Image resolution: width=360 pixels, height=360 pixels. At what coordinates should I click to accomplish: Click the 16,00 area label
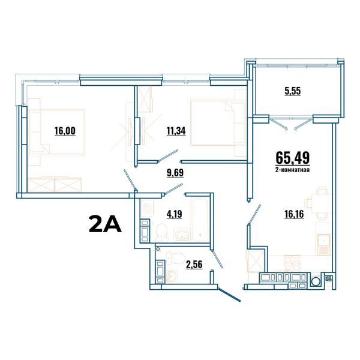65,131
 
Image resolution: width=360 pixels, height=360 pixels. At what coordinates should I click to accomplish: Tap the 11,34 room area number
176,131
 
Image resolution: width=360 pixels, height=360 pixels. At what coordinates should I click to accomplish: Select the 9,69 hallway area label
175,173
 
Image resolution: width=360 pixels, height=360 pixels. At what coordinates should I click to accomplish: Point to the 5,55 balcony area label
293,91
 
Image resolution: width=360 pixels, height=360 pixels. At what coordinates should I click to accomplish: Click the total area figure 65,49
293,158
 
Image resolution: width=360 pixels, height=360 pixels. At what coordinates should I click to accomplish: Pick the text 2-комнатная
293,170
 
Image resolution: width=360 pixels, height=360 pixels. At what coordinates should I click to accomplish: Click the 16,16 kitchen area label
294,214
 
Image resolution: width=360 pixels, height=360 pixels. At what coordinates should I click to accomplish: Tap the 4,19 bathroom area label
175,214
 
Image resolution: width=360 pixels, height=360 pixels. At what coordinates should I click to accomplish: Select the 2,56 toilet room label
194,265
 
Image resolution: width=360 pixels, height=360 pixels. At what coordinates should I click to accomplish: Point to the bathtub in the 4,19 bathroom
200,220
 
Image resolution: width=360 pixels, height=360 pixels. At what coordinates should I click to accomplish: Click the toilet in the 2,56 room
175,258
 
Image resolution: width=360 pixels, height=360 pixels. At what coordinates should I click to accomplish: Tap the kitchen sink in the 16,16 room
324,245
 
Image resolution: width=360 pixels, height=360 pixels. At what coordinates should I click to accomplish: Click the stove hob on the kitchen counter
292,263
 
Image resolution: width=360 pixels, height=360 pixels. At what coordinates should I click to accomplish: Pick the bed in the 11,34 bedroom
218,122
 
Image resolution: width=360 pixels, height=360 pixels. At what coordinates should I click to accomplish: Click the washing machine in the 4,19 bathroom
147,208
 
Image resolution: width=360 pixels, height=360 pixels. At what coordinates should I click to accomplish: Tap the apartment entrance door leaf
229,295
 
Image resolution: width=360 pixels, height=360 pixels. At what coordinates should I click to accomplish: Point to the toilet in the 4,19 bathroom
162,232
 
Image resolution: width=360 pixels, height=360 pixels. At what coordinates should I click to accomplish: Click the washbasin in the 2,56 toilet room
172,276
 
